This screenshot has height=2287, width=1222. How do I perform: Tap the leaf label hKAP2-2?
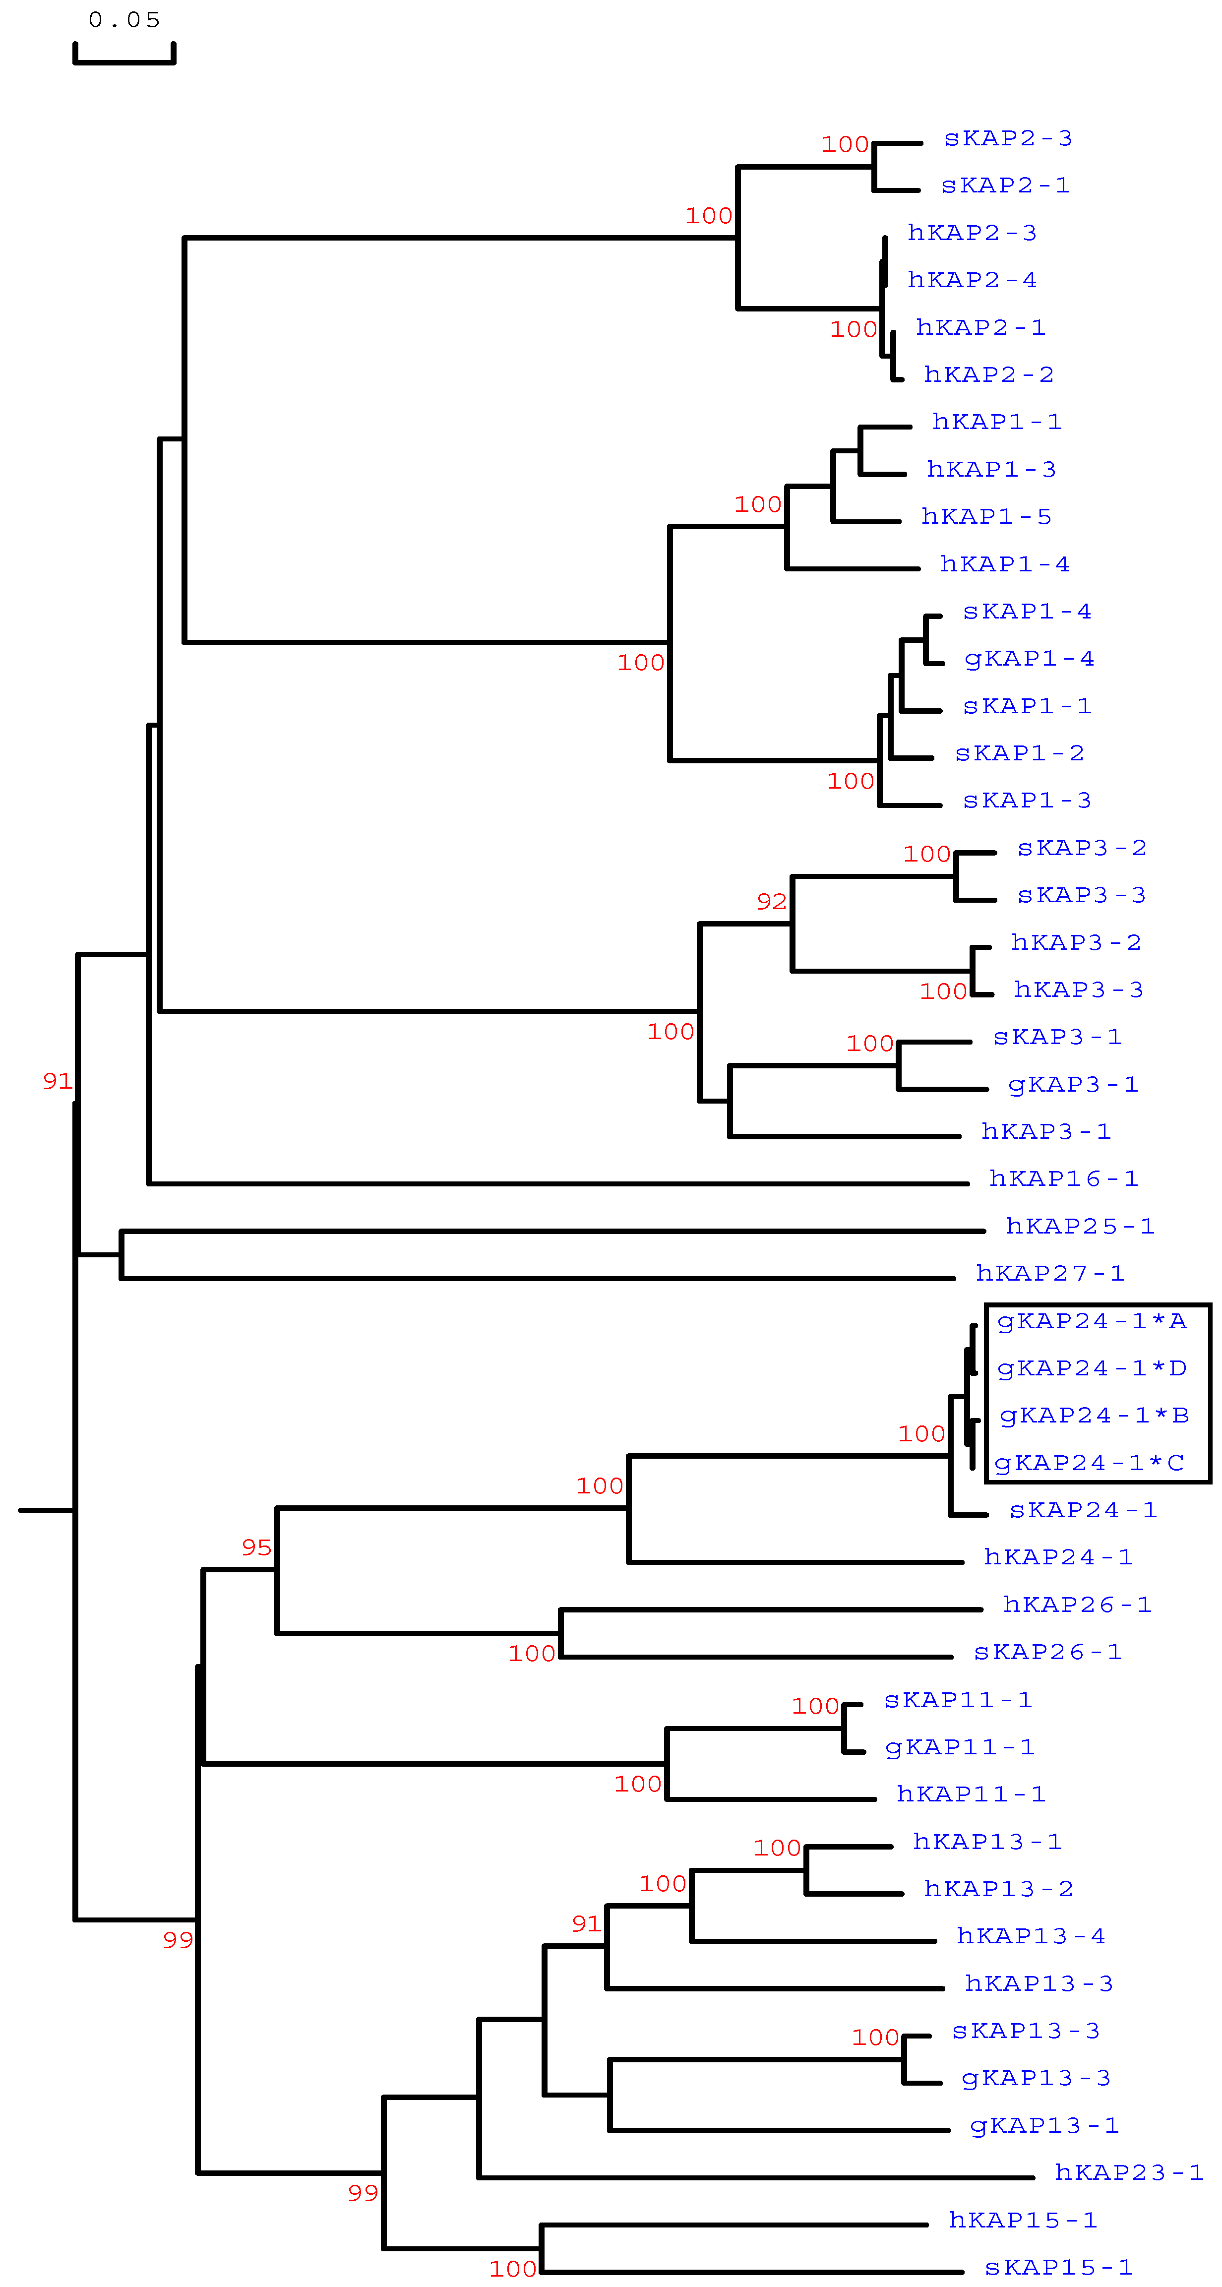click(x=988, y=374)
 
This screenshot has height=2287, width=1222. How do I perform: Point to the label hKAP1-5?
click(x=986, y=517)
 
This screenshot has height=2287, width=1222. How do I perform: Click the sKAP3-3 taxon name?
click(x=1081, y=895)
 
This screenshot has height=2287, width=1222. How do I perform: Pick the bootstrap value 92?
click(x=771, y=902)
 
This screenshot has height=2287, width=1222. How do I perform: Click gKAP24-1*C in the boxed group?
click(x=1089, y=1463)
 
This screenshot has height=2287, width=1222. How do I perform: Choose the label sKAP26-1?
click(x=1047, y=1652)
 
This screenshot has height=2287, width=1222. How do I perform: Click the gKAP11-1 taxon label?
click(x=959, y=1747)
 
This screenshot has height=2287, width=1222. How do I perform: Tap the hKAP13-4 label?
click(x=1030, y=1936)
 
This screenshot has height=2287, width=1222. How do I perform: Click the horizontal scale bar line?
click(x=124, y=62)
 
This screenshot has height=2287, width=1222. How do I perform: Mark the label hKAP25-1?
click(x=1079, y=1226)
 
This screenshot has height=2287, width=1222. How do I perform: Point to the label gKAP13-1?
click(x=1043, y=2125)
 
